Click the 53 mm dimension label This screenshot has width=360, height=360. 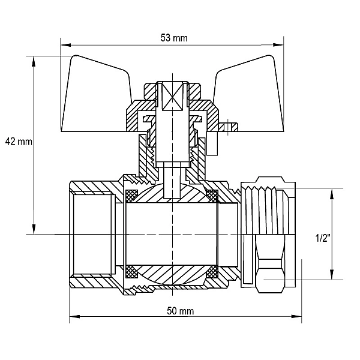[174, 38]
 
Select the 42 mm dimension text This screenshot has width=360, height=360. [19, 142]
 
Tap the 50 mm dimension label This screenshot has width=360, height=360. [180, 311]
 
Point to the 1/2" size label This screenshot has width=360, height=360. [323, 238]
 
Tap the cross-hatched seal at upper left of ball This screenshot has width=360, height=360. [131, 196]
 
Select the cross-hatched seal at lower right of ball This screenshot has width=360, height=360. [212, 272]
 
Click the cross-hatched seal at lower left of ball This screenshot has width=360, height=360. [131, 272]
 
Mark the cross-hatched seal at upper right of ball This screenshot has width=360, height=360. [212, 196]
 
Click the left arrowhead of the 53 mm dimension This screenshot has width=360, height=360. [65, 45]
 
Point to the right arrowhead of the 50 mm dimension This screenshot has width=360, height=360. [296, 316]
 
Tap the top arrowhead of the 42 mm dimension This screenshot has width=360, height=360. [34, 62]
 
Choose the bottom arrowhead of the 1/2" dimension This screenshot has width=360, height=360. [332, 274]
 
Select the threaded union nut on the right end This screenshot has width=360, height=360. [268, 234]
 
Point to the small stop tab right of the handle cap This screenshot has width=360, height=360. [228, 127]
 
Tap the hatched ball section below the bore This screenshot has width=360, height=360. [172, 275]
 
